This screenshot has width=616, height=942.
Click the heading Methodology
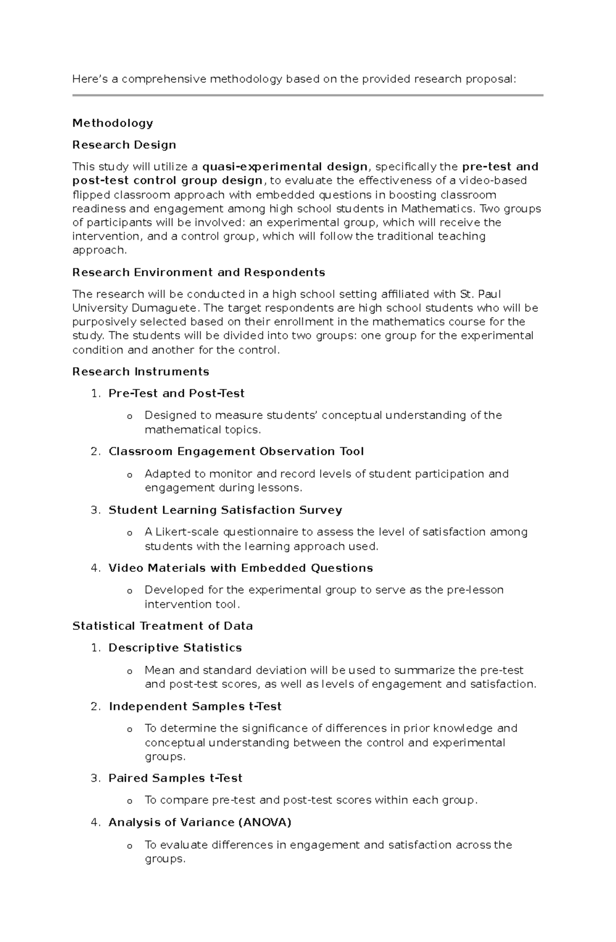[112, 123]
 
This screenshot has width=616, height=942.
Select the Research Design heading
[124, 145]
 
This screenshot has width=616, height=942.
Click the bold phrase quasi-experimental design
[285, 167]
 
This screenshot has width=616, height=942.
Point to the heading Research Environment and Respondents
[199, 272]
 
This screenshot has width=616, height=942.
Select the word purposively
[104, 322]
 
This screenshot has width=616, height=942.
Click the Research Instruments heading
[141, 372]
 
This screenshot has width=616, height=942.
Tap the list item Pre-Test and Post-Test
[177, 394]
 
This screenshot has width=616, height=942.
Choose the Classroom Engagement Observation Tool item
[236, 452]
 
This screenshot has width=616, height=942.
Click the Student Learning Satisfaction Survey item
[225, 510]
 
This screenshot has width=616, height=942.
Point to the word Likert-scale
[189, 532]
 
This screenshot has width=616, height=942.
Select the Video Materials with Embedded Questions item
[241, 568]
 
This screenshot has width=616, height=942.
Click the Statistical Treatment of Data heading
[163, 626]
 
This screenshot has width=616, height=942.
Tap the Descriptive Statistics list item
[175, 648]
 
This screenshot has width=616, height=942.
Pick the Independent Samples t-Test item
[195, 707]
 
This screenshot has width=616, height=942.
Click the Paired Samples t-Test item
[176, 778]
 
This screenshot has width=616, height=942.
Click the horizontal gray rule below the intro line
[307, 95]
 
